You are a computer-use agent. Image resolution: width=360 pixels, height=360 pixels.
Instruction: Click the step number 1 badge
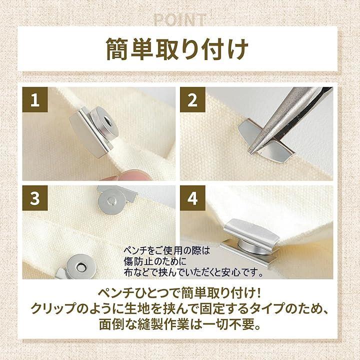pos(35,99)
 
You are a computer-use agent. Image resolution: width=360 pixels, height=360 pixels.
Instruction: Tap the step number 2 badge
pos(192,99)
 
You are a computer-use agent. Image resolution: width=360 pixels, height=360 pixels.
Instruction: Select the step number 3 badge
pos(35,198)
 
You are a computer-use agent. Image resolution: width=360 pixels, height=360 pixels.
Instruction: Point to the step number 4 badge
pos(192,198)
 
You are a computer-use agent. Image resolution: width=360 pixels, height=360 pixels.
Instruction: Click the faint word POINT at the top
pos(180,20)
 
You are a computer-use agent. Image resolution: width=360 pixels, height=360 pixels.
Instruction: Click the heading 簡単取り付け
pos(177,49)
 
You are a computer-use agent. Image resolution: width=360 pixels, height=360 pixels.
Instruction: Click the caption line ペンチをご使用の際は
pos(167,250)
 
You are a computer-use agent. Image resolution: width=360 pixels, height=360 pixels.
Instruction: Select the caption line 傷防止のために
pos(155,261)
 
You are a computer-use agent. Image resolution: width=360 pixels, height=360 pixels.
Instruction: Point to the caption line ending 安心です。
pos(193,272)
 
